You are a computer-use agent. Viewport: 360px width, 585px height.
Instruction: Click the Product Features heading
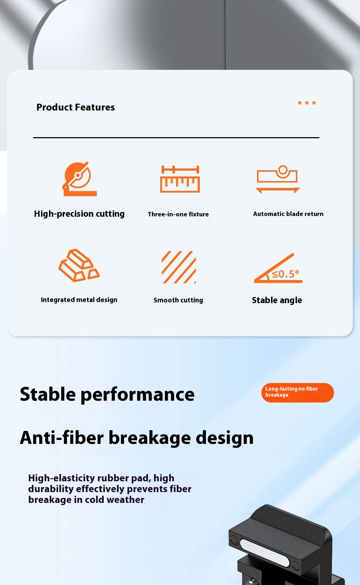point(76,107)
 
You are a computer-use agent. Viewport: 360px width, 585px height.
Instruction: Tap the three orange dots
point(307,103)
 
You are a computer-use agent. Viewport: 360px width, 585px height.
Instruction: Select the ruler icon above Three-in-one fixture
point(180,179)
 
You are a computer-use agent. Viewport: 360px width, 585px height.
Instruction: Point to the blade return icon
point(278,179)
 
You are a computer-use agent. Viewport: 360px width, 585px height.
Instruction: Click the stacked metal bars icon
point(79,265)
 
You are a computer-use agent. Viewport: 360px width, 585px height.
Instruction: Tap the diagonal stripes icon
point(179,267)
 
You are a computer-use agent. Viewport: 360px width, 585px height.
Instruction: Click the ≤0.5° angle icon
point(278,268)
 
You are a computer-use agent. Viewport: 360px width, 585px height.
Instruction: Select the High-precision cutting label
point(79,214)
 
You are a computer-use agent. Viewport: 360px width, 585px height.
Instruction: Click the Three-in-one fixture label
point(178,214)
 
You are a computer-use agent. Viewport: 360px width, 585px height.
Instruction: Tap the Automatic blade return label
point(288,214)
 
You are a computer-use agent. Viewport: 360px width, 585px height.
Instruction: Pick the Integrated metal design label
point(79,300)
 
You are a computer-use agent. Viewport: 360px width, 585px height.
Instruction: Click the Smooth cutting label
point(178,300)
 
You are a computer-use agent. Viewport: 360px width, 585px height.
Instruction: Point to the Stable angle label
point(277,300)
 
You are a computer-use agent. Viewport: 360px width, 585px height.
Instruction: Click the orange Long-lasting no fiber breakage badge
point(298,392)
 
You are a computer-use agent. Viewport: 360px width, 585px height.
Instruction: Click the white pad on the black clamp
point(264,552)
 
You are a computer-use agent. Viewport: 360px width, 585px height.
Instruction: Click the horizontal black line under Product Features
point(176,138)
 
